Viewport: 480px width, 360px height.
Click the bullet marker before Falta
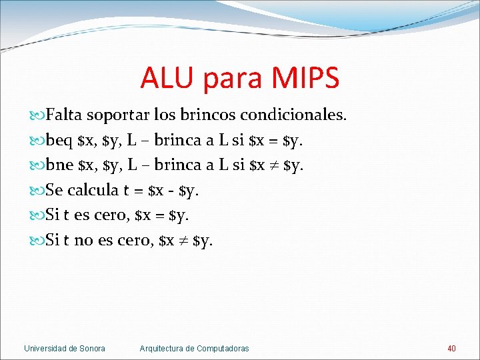tap(37, 115)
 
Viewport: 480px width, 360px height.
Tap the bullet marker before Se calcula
tap(37, 191)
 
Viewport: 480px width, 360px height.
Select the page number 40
tap(451, 348)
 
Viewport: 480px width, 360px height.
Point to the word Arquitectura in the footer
tap(162, 348)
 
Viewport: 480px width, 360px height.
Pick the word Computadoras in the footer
tap(223, 348)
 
